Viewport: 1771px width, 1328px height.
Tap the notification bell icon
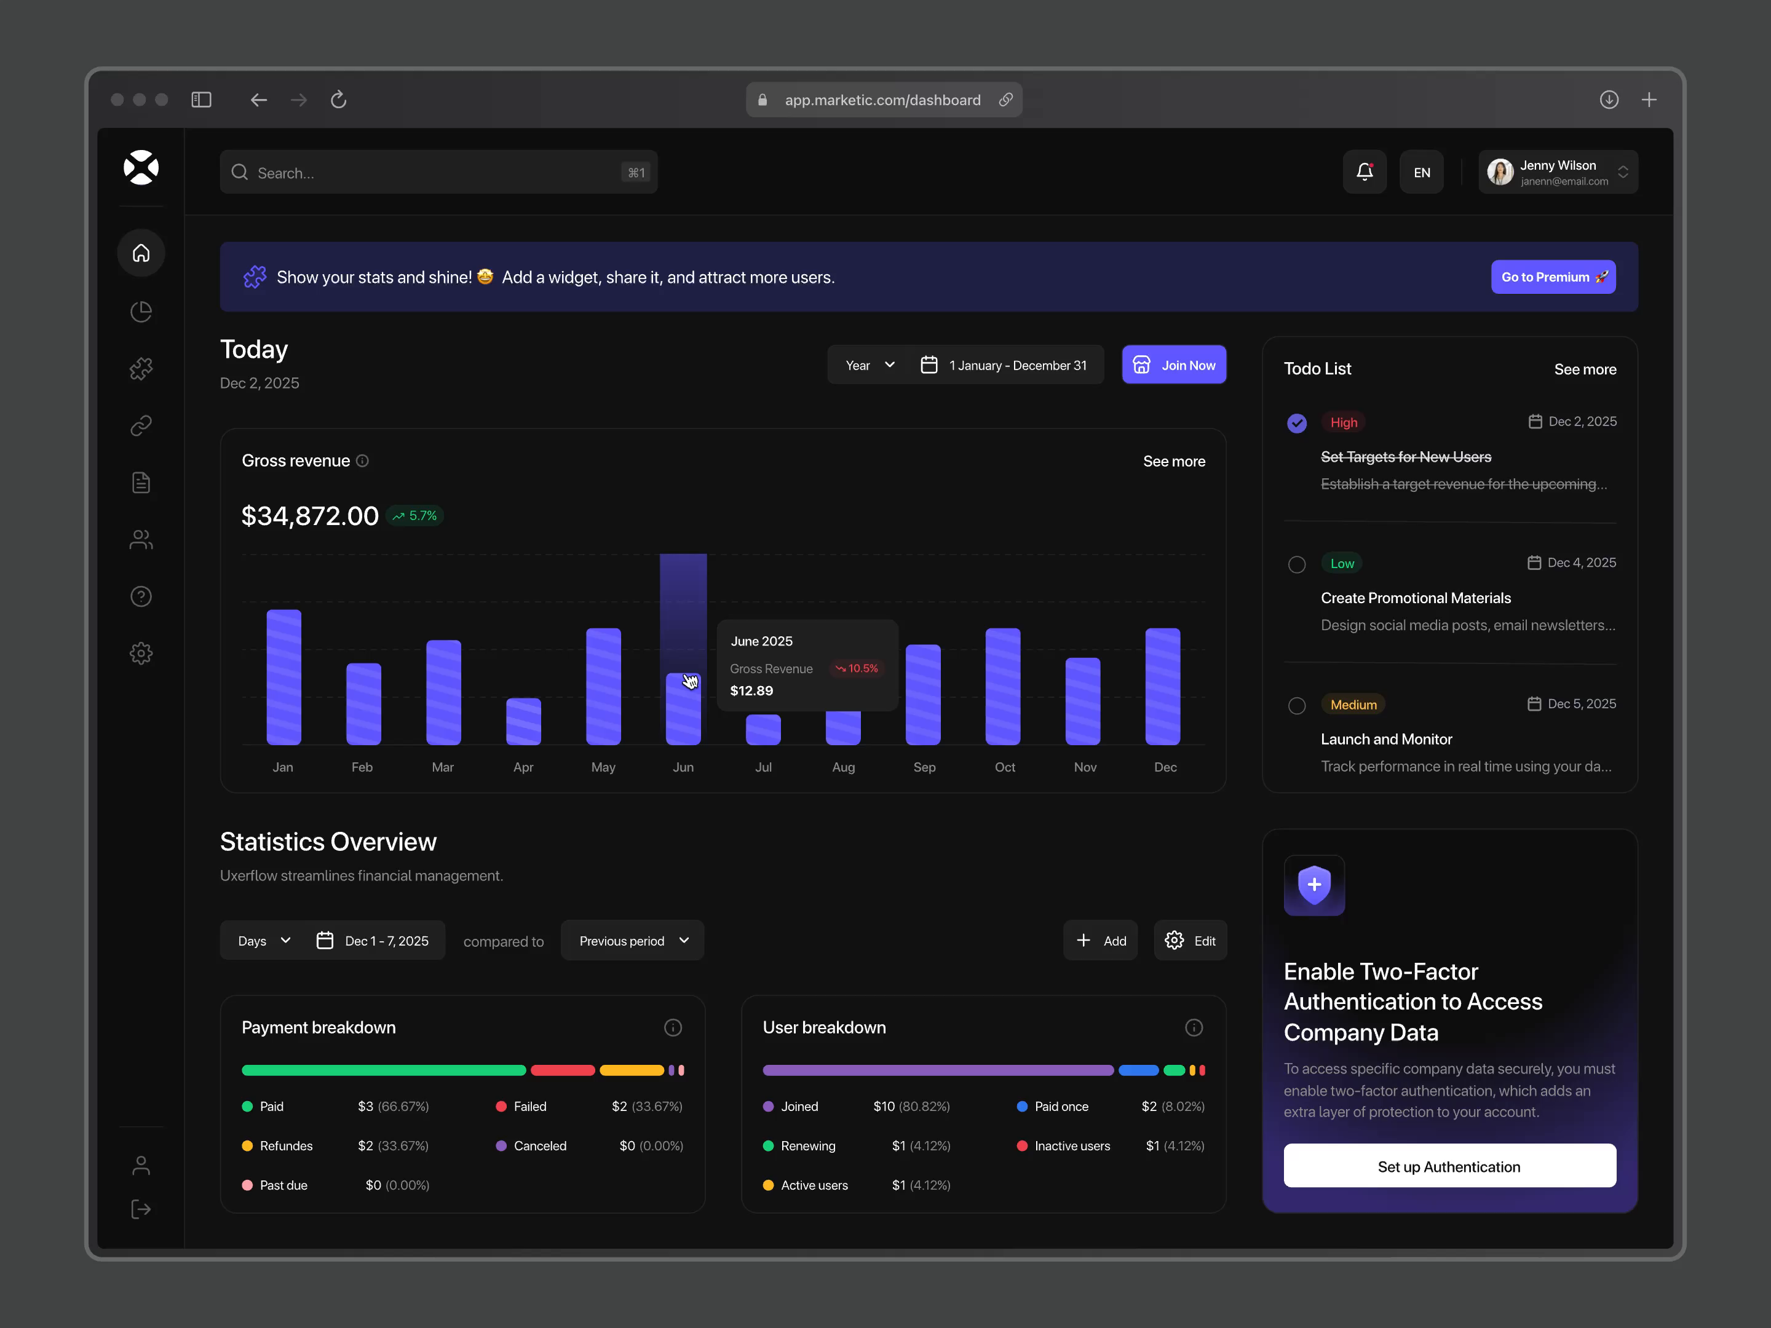click(1365, 172)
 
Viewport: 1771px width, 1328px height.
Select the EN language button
click(1421, 172)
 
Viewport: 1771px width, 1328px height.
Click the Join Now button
click(1174, 365)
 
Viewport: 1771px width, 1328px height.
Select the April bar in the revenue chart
click(524, 721)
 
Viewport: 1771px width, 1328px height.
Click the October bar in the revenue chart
click(1002, 686)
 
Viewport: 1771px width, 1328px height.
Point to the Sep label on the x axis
click(924, 767)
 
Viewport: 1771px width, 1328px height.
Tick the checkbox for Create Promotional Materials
click(1296, 564)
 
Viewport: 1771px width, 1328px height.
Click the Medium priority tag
click(1353, 705)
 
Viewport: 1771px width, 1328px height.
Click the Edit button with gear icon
click(1190, 941)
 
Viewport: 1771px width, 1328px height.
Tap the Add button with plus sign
click(1100, 941)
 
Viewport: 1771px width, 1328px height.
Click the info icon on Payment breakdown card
click(673, 1028)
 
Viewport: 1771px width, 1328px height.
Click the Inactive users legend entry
click(1071, 1145)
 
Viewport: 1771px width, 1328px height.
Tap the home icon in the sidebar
click(141, 253)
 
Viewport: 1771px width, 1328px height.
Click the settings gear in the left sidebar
click(141, 653)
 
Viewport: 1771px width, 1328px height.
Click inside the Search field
click(432, 172)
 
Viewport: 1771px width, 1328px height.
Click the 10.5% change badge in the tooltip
click(857, 668)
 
